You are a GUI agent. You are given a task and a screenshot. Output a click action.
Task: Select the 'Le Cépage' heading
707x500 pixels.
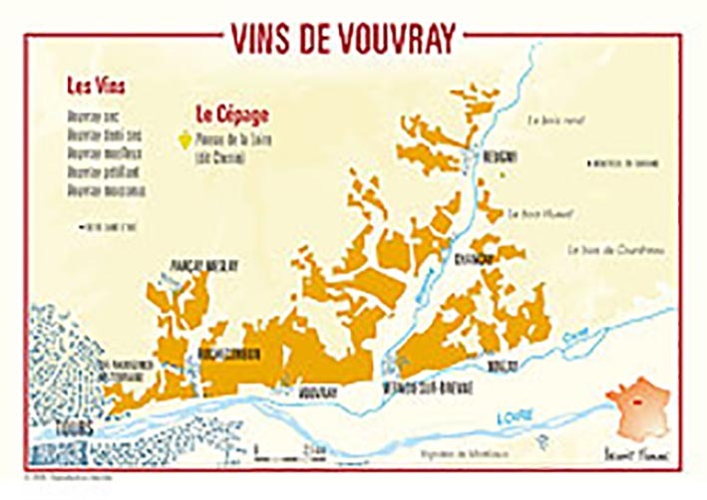[x=224, y=112]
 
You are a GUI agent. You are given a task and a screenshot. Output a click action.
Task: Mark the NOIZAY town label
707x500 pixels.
[x=504, y=366]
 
